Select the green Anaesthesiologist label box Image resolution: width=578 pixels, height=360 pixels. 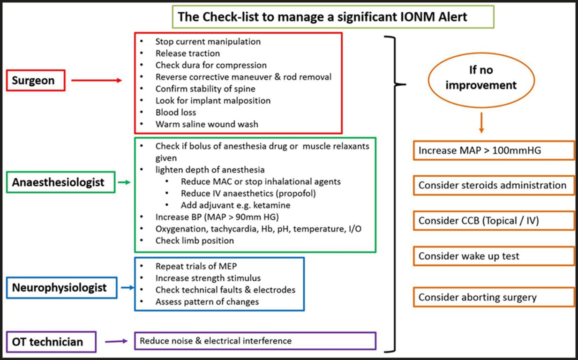pyautogui.click(x=58, y=182)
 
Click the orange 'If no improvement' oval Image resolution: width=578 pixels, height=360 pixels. pyautogui.click(x=480, y=78)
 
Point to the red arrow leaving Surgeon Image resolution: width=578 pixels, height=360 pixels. pyautogui.click(x=96, y=81)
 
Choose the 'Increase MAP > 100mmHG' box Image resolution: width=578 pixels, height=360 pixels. pyautogui.click(x=494, y=151)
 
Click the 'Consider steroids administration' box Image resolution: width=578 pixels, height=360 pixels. pyautogui.click(x=494, y=185)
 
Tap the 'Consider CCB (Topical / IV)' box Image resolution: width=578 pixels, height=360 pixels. pyautogui.click(x=494, y=220)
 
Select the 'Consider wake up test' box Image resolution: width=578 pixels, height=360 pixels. pyautogui.click(x=494, y=256)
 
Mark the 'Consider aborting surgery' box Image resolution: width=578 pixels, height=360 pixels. pyautogui.click(x=494, y=297)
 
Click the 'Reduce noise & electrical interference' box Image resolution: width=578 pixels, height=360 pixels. pyautogui.click(x=255, y=341)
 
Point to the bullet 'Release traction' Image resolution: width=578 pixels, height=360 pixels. pyautogui.click(x=188, y=53)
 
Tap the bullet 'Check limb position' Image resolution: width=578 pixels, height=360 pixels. pyautogui.click(x=195, y=240)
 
